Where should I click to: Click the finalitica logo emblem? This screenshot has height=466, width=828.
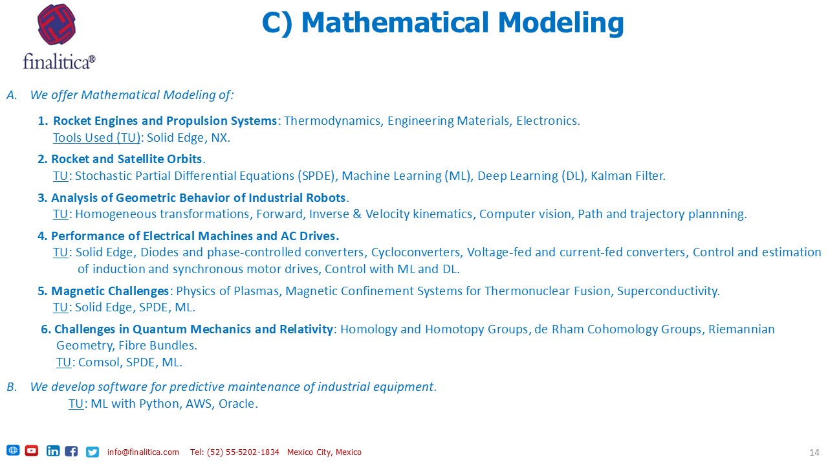pos(56,25)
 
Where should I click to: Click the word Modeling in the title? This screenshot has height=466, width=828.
pos(561,23)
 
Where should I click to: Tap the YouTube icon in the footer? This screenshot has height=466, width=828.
pos(32,450)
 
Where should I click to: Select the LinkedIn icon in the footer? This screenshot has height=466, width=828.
pos(53,451)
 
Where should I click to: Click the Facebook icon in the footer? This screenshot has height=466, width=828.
pos(71,451)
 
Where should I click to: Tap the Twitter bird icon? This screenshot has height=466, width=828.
pos(93,452)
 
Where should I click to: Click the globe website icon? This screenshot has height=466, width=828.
pos(13,450)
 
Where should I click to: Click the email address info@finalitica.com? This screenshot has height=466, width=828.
pos(143,452)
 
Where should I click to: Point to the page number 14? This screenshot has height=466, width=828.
pos(814,452)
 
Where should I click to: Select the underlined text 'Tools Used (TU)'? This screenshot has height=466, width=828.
pos(97,138)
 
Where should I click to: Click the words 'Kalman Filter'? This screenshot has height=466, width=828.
pos(627,175)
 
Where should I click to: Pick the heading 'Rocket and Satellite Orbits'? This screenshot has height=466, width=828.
pos(126,159)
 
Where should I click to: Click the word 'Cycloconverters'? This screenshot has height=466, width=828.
pos(417,252)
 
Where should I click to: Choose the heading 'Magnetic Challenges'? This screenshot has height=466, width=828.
pos(110,291)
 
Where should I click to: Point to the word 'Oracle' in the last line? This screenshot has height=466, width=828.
pos(237,403)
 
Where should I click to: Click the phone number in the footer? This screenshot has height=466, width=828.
pos(234,452)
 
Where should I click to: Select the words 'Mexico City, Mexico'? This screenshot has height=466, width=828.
pos(324,452)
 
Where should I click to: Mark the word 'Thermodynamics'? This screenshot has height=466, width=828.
pos(332,121)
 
